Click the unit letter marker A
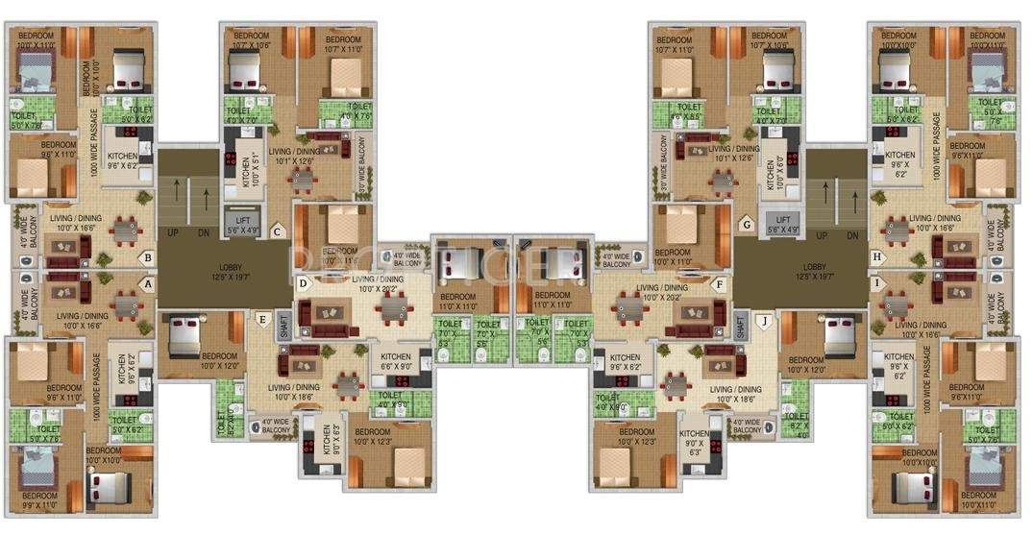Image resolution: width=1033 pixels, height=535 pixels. pyautogui.click(x=148, y=284)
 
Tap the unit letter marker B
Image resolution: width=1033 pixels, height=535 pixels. pyautogui.click(x=148, y=257)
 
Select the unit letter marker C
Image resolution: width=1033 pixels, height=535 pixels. pyautogui.click(x=277, y=231)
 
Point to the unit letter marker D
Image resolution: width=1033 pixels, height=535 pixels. pyautogui.click(x=303, y=283)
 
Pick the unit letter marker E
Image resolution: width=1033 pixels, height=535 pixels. pyautogui.click(x=261, y=320)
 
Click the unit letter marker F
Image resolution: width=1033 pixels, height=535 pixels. pyautogui.click(x=717, y=284)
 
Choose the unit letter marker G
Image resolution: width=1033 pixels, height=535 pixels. pyautogui.click(x=746, y=227)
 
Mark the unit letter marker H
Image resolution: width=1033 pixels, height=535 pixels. pyautogui.click(x=876, y=257)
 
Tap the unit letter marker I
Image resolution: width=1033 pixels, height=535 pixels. pyautogui.click(x=876, y=284)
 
